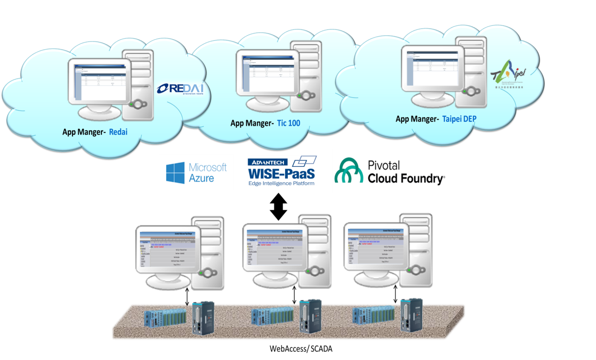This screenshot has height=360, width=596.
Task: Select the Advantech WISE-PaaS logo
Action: coord(282,171)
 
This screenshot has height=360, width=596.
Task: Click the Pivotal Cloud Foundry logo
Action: coord(391,171)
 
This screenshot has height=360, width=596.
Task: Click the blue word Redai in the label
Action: coord(119,132)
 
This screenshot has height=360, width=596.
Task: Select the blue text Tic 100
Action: coord(289,123)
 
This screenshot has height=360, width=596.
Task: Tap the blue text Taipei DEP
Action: coord(459,119)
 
